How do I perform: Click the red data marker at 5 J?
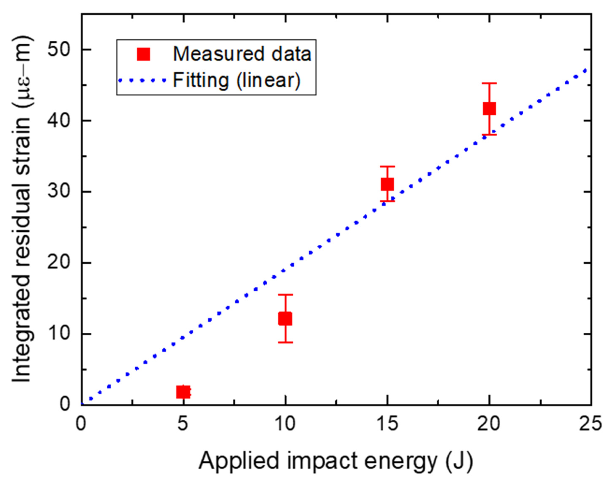coord(183,392)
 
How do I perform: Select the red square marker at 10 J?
coord(285,319)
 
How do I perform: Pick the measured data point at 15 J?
coord(387,184)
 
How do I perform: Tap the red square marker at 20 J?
coord(489,108)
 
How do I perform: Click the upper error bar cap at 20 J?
coord(489,83)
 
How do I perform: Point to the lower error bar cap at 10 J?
coord(285,343)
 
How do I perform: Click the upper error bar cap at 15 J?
coord(387,166)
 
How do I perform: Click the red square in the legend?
coord(144,54)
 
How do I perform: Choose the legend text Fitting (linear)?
coord(236,80)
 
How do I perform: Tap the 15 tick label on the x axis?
coord(387,424)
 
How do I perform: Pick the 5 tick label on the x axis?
coord(184,424)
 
